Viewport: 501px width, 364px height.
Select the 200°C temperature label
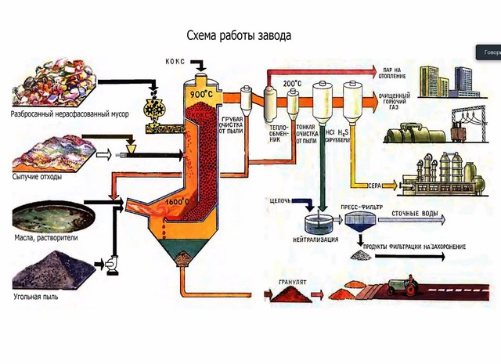(x=292, y=84)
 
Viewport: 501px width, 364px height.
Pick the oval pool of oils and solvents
(x=53, y=215)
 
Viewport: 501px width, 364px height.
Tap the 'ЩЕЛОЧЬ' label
(x=279, y=200)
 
